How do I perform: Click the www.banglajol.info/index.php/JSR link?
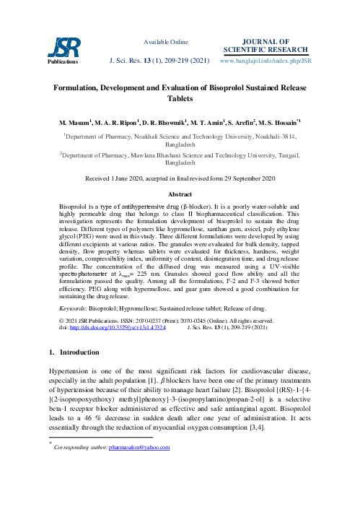point(275,61)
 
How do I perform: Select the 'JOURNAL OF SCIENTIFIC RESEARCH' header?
point(275,45)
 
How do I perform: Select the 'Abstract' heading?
point(180,195)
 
